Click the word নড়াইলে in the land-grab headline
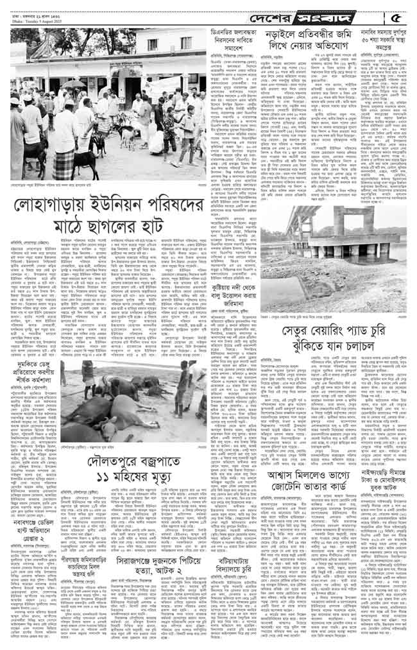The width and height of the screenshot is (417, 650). pyautogui.click(x=287, y=38)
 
